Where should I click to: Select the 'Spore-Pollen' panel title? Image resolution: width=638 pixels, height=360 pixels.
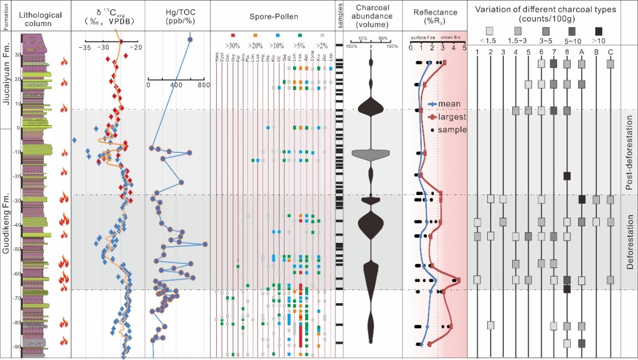[273, 15]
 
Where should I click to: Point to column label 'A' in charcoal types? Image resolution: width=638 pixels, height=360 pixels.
[582, 52]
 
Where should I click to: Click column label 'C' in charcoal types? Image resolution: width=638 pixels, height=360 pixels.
[610, 52]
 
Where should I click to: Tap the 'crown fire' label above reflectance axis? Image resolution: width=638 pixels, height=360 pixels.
[451, 37]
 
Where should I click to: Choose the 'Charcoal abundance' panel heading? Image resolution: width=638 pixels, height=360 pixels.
[371, 15]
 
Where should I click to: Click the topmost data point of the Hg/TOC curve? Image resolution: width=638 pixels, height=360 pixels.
[190, 39]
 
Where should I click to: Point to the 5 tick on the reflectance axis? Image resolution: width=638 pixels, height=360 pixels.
[464, 48]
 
